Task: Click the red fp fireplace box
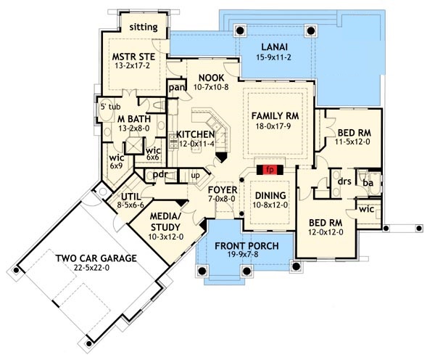270,170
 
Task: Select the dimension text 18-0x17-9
273,126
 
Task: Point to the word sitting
144,28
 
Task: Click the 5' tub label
110,107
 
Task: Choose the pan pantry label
177,88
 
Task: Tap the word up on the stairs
195,176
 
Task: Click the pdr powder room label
160,175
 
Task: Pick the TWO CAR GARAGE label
96,258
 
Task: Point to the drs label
344,181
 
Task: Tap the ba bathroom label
368,183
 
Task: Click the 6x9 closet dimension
117,166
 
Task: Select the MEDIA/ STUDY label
165,221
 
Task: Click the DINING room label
270,195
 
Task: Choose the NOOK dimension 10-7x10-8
211,88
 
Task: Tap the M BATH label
134,119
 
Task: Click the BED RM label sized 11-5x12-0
355,133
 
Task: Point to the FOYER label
223,190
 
